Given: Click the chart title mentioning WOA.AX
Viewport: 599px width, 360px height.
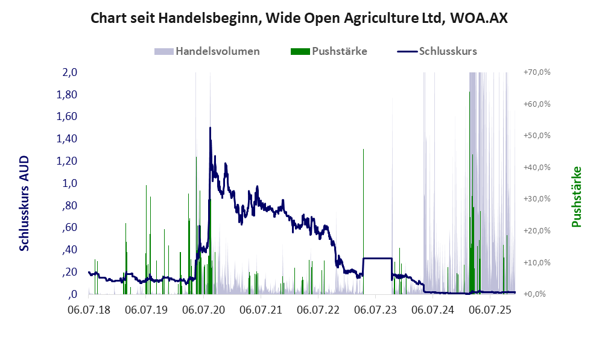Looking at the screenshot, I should [x=299, y=18].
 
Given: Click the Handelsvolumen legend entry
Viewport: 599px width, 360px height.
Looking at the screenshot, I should [x=217, y=51].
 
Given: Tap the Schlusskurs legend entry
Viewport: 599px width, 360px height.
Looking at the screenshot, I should [x=448, y=51].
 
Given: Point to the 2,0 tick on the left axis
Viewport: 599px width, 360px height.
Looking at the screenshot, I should [x=70, y=72].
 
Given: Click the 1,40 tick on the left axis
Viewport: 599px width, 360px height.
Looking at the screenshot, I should [x=67, y=139].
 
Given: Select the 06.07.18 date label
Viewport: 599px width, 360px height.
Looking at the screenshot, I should [x=89, y=310].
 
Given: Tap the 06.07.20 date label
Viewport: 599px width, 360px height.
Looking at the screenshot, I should [x=203, y=310].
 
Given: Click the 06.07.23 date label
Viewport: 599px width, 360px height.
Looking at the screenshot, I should [x=375, y=310].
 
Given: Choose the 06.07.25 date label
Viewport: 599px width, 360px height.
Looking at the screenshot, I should [x=490, y=310].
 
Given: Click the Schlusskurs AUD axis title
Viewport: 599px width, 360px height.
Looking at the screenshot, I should [x=25, y=203].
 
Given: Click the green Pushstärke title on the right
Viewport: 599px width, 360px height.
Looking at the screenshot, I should [x=576, y=197].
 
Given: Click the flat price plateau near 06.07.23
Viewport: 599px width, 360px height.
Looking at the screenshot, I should [x=377, y=258].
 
